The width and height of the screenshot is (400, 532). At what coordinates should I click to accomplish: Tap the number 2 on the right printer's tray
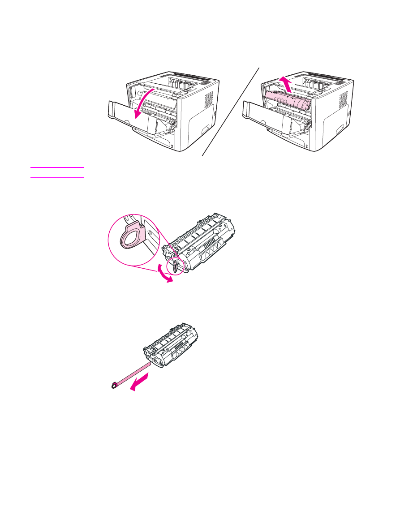click(305, 146)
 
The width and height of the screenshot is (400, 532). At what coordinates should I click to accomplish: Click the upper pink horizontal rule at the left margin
click(57, 167)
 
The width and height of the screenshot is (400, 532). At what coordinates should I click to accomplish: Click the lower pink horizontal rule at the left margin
click(57, 177)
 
